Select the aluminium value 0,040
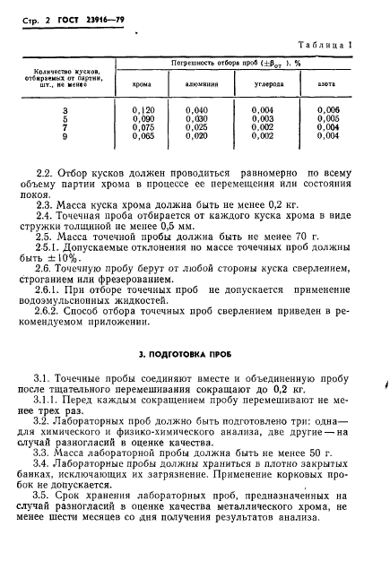(x=202, y=108)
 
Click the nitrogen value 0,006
(x=328, y=108)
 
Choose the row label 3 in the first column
(x=63, y=108)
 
